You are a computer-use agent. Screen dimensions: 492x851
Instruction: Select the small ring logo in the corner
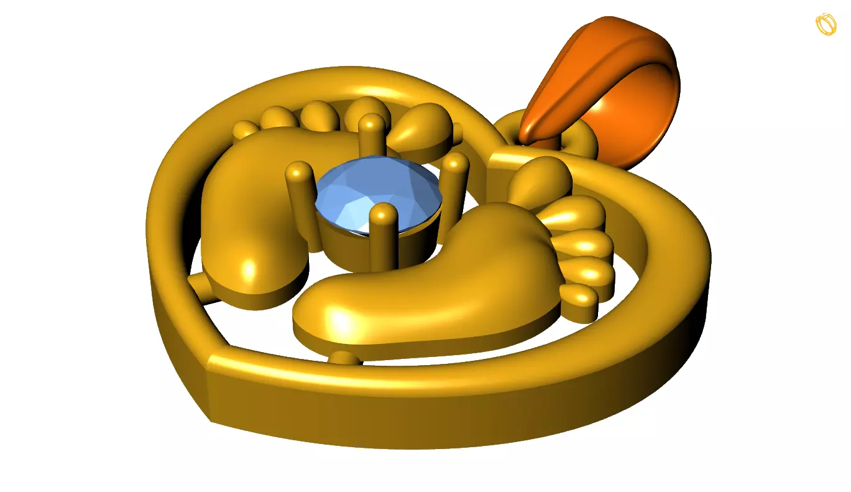(x=826, y=24)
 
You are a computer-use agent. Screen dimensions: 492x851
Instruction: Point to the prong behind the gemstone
(x=372, y=134)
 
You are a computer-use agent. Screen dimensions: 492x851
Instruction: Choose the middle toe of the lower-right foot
(x=584, y=244)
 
